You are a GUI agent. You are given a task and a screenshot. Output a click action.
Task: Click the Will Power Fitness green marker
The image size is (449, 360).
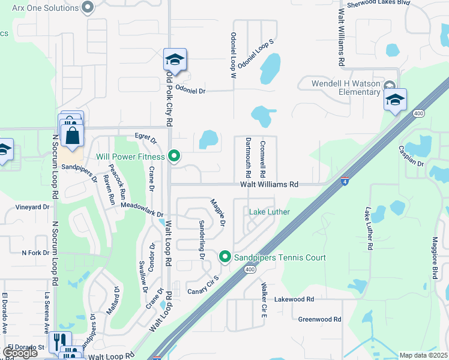pos(174,157)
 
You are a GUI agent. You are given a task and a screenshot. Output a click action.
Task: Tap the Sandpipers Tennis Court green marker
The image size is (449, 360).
pos(225,257)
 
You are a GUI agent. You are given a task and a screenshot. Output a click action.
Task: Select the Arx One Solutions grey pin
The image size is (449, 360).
pos(88,7)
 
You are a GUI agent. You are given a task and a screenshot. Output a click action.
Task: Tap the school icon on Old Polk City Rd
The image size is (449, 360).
pos(175,60)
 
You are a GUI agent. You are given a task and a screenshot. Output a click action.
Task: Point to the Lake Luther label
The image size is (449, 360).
pos(270,212)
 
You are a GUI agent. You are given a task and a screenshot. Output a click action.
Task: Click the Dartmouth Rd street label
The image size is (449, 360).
pos(248,156)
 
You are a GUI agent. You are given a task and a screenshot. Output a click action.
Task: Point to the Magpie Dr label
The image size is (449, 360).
pos(217,212)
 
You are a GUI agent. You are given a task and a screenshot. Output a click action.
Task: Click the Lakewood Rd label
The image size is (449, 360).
pos(294,299)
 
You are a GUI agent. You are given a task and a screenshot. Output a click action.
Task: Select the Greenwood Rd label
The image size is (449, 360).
pos(319,320)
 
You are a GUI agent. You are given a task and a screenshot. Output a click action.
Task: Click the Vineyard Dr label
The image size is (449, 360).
pos(33,207)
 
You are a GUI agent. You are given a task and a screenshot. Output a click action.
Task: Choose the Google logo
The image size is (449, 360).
pos(20,353)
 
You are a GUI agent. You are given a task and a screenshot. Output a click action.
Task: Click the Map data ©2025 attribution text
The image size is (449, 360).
pos(424,355)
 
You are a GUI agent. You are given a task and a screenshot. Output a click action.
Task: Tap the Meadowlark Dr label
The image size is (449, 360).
pos(142,209)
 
